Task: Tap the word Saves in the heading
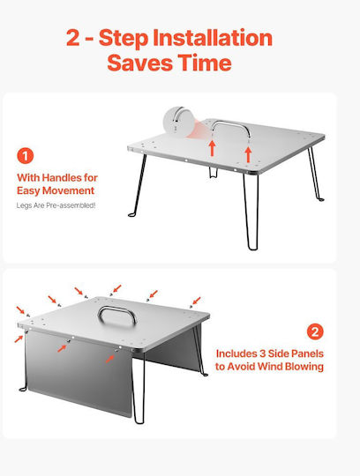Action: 139,63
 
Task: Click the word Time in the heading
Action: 205,63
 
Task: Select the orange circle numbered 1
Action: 26,156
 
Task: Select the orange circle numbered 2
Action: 315,331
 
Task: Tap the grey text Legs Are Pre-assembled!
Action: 56,205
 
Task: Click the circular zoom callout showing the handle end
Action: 178,122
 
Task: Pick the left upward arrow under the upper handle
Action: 212,148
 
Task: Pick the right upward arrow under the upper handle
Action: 248,154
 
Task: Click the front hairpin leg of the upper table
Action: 251,212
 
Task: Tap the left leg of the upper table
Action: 139,185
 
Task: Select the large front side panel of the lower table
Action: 79,374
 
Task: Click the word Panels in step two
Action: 307,353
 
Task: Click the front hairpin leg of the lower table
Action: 139,389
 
